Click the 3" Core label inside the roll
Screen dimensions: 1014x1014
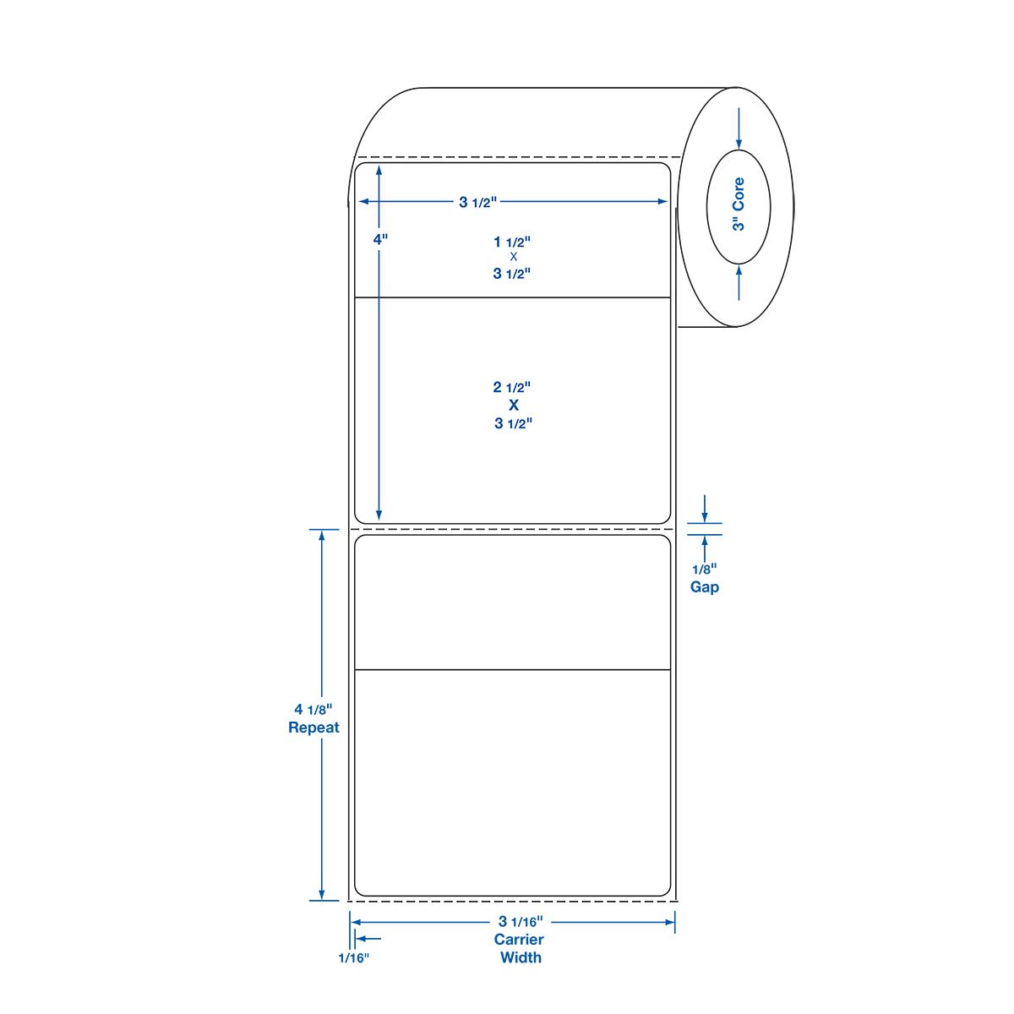739,204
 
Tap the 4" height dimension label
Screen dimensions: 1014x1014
380,239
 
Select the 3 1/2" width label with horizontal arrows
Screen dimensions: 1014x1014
477,202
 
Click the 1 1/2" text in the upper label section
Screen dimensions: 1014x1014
512,242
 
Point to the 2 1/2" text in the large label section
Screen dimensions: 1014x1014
512,387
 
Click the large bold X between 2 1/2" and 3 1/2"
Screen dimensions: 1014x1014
514,406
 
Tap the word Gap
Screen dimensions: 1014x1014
705,587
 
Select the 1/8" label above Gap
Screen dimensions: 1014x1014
705,570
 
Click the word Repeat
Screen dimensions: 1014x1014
313,728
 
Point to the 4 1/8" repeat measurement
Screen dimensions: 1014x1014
313,709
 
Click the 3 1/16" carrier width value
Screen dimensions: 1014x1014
521,921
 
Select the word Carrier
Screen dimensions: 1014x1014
519,940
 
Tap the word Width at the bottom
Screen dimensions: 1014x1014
521,957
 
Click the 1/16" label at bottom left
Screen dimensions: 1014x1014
353,957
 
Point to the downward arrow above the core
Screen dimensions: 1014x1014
739,128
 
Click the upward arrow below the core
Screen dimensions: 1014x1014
739,282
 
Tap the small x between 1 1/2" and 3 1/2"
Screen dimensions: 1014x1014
514,257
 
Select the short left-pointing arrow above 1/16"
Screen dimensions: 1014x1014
368,938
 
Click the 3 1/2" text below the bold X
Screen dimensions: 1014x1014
514,423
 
